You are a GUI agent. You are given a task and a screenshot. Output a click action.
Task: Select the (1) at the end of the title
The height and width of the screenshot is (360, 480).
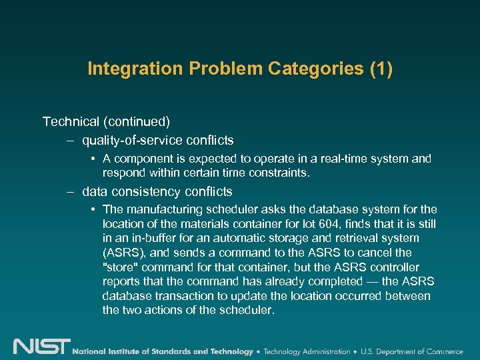click(x=379, y=69)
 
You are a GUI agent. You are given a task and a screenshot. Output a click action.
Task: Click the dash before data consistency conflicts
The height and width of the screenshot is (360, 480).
click(x=70, y=192)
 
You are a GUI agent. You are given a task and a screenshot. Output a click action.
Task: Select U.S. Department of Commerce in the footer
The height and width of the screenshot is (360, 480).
click(x=414, y=351)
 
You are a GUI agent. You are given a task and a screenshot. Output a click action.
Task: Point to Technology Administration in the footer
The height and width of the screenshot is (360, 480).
click(x=307, y=351)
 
